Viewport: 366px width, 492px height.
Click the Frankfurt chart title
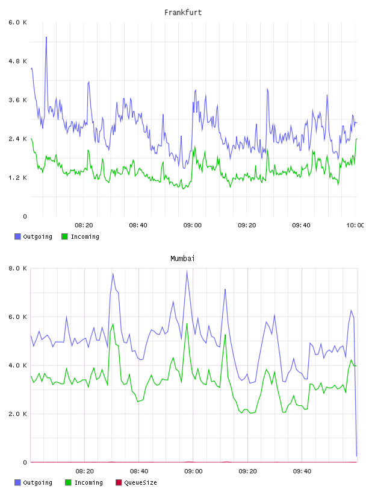point(183,13)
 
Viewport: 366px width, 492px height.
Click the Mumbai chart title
point(182,259)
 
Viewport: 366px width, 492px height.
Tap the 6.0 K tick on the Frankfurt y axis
point(18,22)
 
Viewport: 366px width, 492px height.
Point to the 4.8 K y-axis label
point(18,61)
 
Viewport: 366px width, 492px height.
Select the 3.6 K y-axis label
point(18,100)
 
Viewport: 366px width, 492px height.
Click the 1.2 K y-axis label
point(18,178)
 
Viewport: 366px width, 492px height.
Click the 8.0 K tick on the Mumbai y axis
point(18,268)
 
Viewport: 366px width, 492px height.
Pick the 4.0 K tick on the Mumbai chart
point(18,365)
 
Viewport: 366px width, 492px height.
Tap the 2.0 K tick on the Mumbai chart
point(18,414)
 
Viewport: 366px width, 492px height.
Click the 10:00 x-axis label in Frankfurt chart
point(355,225)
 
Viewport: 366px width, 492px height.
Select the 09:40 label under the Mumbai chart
point(302,471)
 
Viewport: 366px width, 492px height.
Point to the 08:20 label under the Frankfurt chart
point(84,225)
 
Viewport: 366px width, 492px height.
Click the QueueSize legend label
point(141,482)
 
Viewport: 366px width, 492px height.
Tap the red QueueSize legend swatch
point(119,482)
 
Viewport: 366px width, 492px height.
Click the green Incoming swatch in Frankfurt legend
point(64,236)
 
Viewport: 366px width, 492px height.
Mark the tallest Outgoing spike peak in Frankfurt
point(46,37)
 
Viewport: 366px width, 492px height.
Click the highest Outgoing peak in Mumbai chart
point(187,271)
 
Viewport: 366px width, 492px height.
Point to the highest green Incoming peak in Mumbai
point(187,324)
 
